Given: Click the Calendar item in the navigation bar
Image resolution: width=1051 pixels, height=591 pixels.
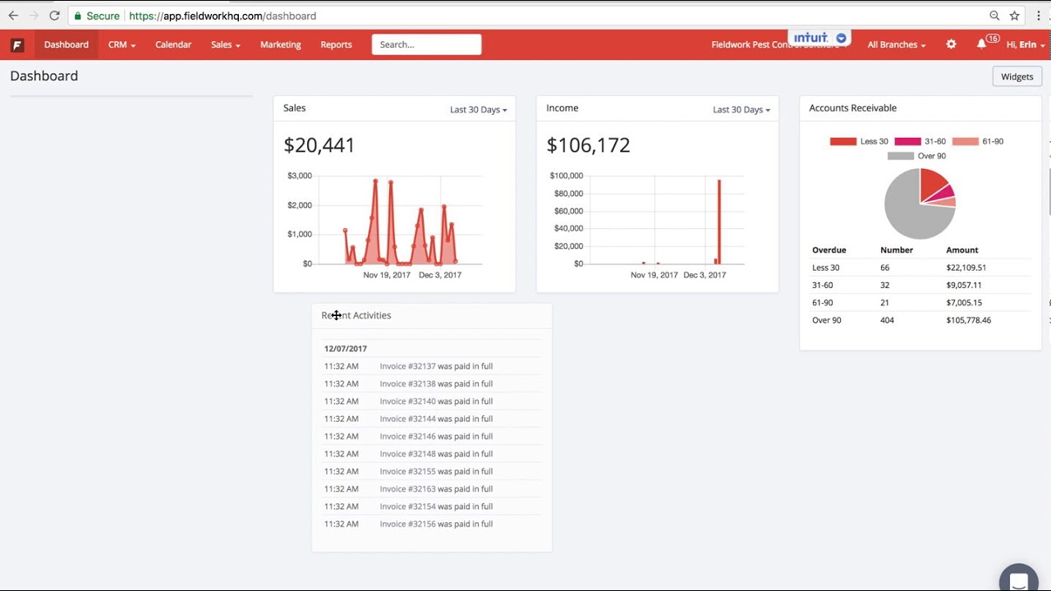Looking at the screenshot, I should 173,44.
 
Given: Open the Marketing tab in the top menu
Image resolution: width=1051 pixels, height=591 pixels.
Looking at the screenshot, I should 280,44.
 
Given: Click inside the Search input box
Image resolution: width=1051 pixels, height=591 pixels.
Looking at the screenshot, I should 426,44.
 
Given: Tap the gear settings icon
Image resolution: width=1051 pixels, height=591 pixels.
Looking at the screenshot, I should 951,44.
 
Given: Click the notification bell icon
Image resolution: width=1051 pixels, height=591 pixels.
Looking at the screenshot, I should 981,44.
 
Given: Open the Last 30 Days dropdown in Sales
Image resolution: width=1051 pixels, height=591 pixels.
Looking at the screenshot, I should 478,109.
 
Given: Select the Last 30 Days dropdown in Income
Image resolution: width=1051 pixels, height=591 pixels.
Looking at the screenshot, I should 741,109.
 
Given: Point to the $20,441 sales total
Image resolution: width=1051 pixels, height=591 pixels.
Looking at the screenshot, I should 319,145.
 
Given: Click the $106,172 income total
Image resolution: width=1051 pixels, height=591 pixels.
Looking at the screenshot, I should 588,145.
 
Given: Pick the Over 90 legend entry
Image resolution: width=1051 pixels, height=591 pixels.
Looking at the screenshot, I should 916,156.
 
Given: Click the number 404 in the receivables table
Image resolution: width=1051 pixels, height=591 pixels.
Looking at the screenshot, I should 887,320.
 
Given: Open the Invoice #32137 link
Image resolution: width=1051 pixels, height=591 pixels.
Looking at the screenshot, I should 407,366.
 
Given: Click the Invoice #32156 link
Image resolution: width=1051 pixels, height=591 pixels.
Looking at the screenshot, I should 407,524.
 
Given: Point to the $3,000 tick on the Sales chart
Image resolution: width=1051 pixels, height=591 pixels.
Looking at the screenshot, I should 299,176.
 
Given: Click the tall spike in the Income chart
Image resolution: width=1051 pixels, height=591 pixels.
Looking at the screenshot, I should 719,222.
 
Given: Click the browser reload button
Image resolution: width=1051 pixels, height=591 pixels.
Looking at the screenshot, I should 54,16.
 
